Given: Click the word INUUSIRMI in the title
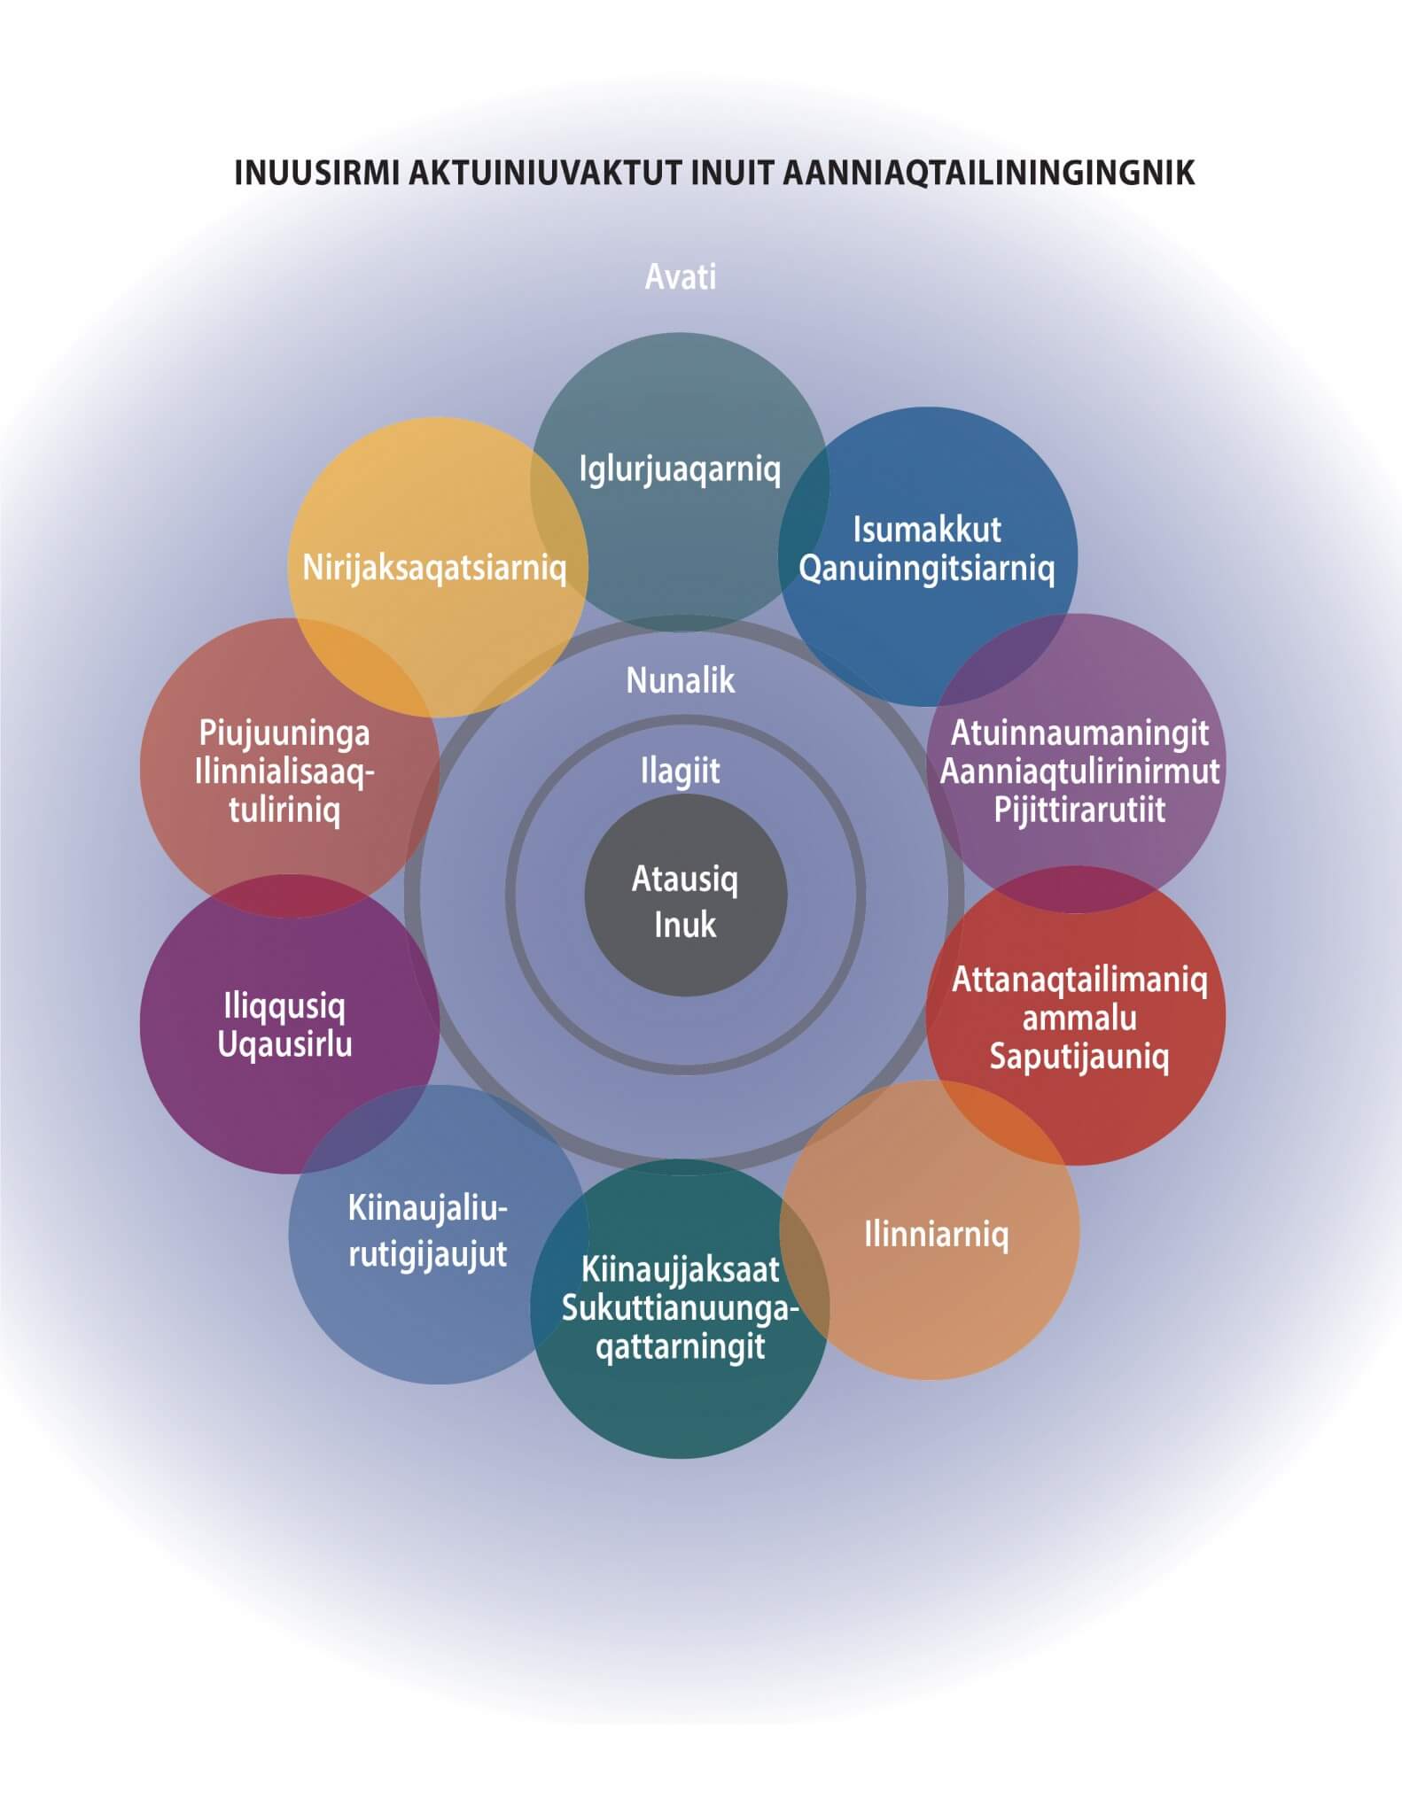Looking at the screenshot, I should [315, 173].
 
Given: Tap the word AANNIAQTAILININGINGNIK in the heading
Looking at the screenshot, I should [987, 173].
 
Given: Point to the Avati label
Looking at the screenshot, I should [680, 277].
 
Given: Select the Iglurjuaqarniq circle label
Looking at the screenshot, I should [680, 469].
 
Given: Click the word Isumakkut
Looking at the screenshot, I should [926, 530].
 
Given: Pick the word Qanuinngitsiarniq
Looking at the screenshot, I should [926, 568].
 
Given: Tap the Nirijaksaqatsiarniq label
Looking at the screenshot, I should [434, 567].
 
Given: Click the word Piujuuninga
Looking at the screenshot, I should [284, 733].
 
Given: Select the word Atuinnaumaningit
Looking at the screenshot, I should [1079, 733].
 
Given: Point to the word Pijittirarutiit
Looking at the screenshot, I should [1079, 810].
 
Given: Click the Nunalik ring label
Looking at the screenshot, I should [681, 680].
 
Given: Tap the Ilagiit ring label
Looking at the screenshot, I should [681, 771].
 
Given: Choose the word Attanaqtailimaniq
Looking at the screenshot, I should [1079, 980].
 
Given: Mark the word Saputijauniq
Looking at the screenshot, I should [1079, 1056].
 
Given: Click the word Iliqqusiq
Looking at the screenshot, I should [284, 1006].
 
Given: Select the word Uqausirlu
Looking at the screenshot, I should [284, 1044].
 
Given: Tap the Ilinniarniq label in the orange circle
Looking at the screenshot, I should [936, 1234].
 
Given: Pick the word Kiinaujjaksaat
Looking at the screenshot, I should [680, 1269].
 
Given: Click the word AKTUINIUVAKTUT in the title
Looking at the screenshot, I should [544, 173].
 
